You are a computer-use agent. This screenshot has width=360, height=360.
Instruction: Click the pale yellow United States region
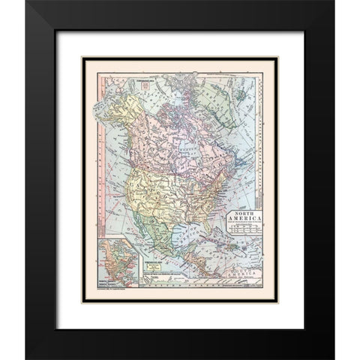point(165,195)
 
